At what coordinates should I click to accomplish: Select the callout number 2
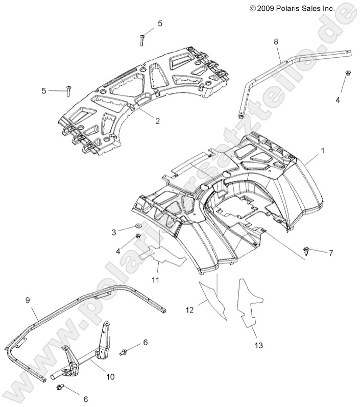pos(143,121)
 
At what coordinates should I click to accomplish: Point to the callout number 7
pos(331,253)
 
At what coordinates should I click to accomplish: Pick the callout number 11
pos(155,280)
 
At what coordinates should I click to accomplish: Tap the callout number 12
pos(190,309)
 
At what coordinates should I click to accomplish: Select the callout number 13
pos(259,346)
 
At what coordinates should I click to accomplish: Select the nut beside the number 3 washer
pos(138,237)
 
